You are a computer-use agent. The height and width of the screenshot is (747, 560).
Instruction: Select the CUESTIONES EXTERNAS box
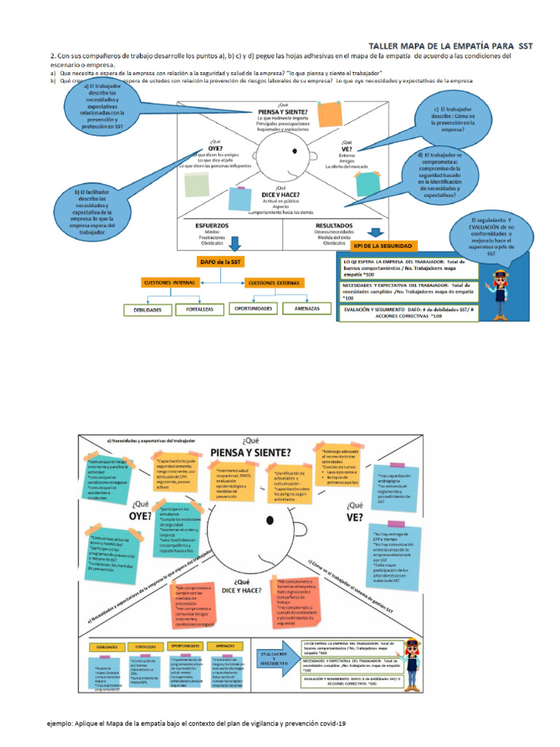[276, 282]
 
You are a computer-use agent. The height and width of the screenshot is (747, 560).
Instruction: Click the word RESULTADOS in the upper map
[335, 226]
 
